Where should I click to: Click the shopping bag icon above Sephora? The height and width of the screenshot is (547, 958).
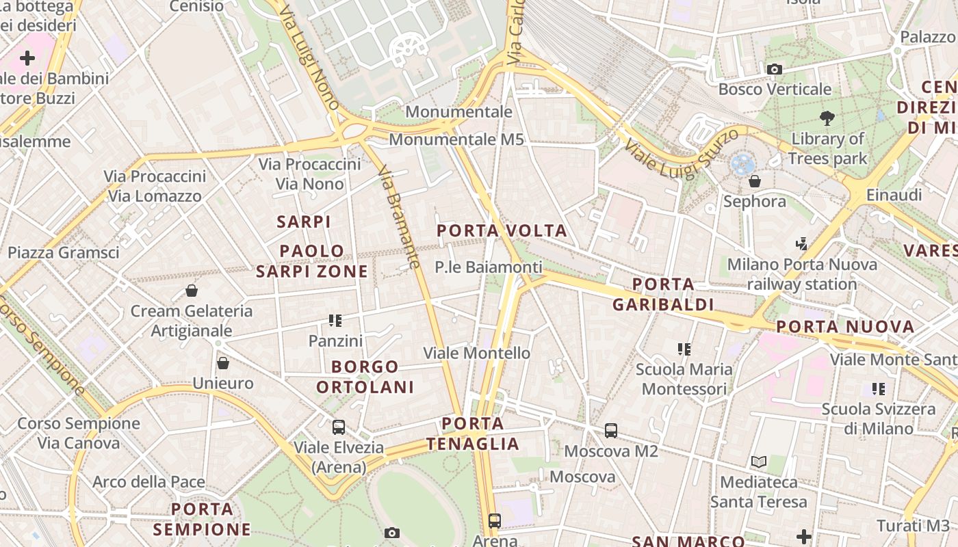point(755,181)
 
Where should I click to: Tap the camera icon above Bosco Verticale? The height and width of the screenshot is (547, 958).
point(775,69)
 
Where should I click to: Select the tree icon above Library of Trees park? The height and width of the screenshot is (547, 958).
point(827,118)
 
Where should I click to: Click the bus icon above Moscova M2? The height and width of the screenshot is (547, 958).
point(611,431)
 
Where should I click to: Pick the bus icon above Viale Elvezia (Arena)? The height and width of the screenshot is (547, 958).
point(339,427)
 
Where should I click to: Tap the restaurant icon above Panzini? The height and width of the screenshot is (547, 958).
point(335,320)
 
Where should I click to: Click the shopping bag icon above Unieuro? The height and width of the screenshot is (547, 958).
point(223,363)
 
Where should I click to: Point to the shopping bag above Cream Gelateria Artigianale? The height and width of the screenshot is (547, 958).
point(192,291)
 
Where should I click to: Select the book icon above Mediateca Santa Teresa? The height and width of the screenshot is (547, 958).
point(758,462)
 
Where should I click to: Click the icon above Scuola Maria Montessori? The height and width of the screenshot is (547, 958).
point(684,349)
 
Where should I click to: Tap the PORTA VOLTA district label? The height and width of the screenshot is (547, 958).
point(502,230)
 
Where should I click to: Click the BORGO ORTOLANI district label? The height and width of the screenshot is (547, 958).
point(365,377)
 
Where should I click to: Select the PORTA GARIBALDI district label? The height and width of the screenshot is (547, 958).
point(663,294)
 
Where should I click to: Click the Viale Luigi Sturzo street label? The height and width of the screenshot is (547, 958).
point(682,152)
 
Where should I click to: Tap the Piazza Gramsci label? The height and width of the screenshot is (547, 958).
point(64,252)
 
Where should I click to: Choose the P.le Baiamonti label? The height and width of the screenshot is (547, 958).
point(489,267)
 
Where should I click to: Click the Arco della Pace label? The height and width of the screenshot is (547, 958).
point(148,482)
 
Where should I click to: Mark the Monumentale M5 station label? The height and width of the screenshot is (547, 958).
point(456,139)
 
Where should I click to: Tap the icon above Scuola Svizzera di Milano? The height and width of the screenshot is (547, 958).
point(879,389)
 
